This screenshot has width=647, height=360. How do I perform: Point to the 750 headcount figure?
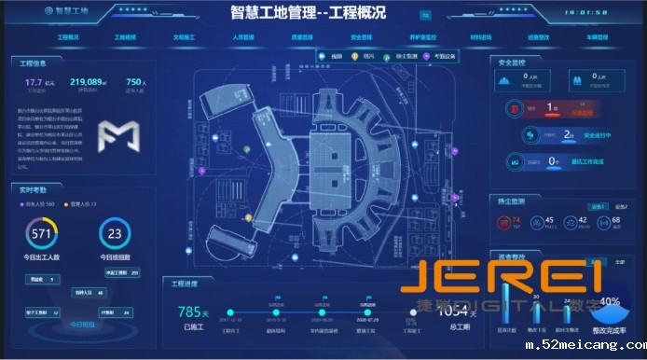[x=134, y=83]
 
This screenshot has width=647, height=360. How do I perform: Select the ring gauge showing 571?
[x=42, y=233]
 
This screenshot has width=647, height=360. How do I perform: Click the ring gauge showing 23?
[x=115, y=233]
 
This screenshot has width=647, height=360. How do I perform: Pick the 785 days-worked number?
[x=189, y=312]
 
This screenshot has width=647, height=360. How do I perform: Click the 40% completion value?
[x=611, y=301]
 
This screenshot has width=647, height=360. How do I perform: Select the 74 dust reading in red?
[x=516, y=220]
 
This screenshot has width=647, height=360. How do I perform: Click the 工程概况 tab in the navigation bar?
[x=68, y=38]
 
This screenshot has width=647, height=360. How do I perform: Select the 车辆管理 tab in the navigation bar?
[x=597, y=38]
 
